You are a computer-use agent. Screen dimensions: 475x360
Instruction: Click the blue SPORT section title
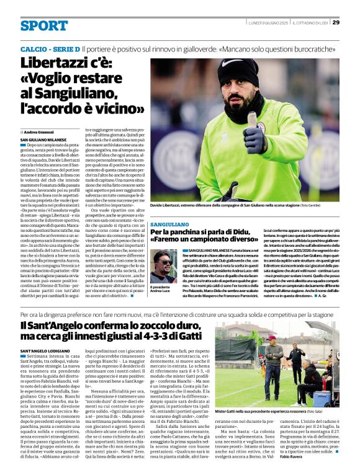point(43,25)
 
